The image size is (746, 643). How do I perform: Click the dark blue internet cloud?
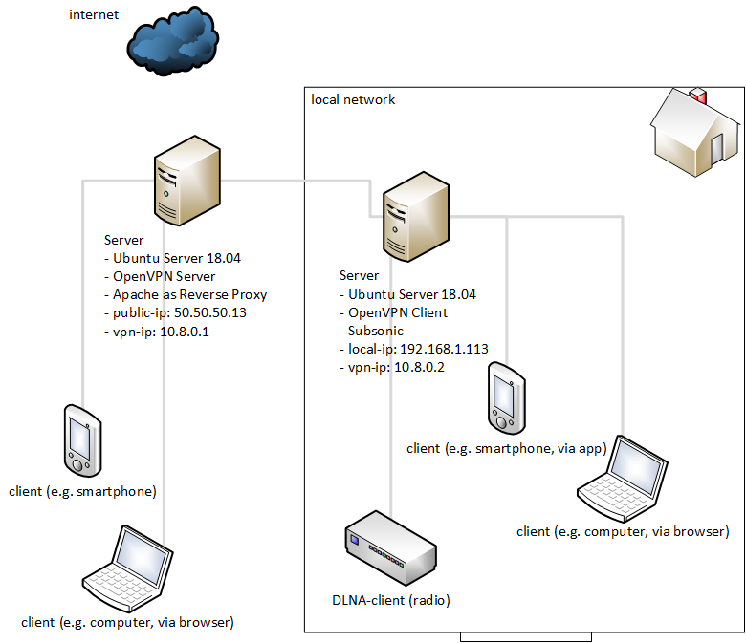pos(173,41)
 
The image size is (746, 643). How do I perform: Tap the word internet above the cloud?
pos(94,14)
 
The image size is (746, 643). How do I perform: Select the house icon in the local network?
pos(695,132)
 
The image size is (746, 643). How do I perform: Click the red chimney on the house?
pos(698,95)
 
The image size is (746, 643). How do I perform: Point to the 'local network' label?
pos(353,99)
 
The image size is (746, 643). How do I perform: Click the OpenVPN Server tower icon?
pos(186,181)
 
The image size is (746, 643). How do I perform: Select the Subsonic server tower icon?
pos(416,217)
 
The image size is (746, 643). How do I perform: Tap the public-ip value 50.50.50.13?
pos(210,312)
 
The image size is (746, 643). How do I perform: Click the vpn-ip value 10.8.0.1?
pos(185,332)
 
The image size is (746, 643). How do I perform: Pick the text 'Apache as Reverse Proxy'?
pos(189,294)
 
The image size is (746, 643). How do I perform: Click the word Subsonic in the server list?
pos(376,331)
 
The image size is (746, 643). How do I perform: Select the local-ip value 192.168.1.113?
pos(444,349)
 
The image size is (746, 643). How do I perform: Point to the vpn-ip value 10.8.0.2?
pos(419,367)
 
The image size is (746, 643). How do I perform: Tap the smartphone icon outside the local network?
pos(83,440)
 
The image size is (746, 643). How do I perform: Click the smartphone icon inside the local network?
pos(507,398)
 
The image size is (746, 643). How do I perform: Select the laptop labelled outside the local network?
pos(128,568)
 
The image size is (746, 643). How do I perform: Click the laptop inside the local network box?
pos(623,479)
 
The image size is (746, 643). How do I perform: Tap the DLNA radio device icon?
pos(390,548)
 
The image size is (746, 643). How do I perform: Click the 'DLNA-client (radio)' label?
pos(391,600)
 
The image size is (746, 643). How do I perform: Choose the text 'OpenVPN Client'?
pos(398,312)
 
